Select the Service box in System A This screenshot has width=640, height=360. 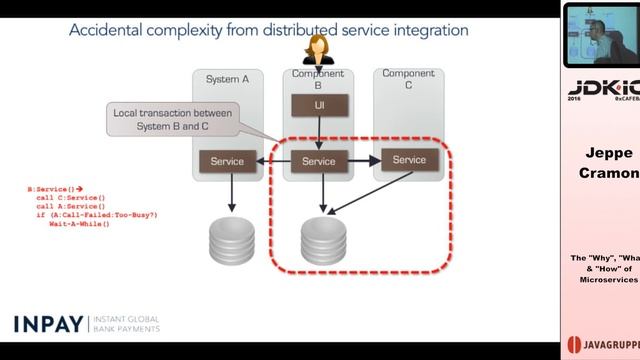[x=228, y=161]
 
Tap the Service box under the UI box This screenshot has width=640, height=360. [x=318, y=161]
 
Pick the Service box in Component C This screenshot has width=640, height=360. [x=409, y=159]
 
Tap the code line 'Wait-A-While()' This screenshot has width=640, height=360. [x=79, y=223]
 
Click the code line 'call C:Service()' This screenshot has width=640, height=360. [x=70, y=198]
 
